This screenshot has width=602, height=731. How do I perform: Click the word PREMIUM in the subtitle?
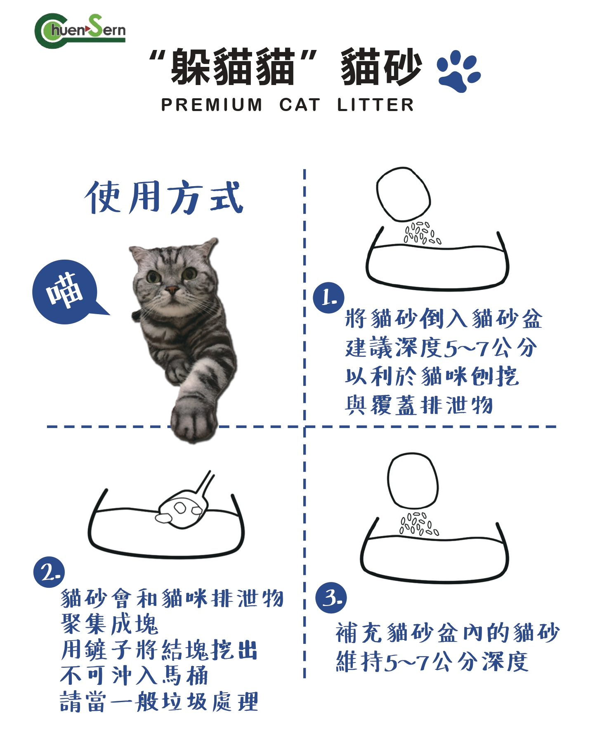click(212, 105)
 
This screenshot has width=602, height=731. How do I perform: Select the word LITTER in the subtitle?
click(375, 105)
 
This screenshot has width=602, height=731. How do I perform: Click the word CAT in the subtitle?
click(300, 105)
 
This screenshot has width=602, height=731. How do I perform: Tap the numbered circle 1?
click(328, 298)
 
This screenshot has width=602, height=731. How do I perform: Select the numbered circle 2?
click(49, 572)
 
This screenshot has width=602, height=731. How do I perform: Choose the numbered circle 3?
click(331, 598)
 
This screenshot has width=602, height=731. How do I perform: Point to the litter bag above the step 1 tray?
click(403, 194)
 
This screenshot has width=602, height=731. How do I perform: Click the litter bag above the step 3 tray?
click(413, 480)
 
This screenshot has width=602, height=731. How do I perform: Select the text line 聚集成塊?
click(110, 624)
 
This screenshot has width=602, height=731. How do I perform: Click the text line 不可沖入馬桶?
click(134, 676)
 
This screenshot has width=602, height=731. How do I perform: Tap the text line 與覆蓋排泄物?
click(419, 405)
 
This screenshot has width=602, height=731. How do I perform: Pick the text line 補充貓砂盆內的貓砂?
click(448, 633)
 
